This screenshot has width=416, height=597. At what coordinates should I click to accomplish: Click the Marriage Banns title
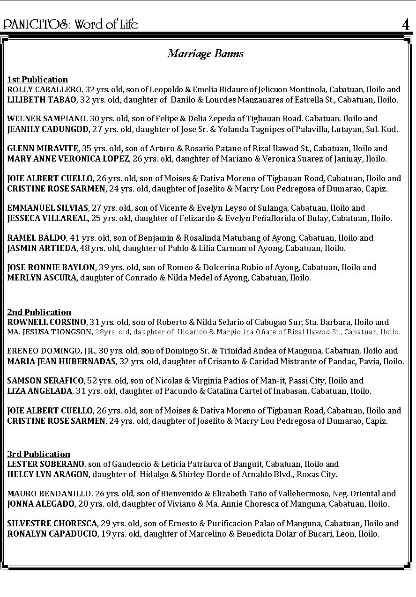206,53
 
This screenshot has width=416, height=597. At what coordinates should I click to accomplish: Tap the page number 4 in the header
406,24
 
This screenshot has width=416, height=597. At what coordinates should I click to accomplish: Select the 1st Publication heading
37,80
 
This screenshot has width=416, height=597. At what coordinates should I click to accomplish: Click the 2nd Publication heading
39,312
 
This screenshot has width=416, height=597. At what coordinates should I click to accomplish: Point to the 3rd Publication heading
39,454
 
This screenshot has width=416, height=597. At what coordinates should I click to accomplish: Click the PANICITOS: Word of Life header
71,24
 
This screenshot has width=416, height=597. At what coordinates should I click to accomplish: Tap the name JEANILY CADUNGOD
48,129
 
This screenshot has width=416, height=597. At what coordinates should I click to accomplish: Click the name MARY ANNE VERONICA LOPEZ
68,159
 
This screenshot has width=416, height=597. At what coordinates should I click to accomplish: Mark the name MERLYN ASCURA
42,278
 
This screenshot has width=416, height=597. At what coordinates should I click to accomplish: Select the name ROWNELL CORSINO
47,322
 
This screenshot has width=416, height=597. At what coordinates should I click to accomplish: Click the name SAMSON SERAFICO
45,381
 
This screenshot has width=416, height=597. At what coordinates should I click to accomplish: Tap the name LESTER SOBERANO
46,464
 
